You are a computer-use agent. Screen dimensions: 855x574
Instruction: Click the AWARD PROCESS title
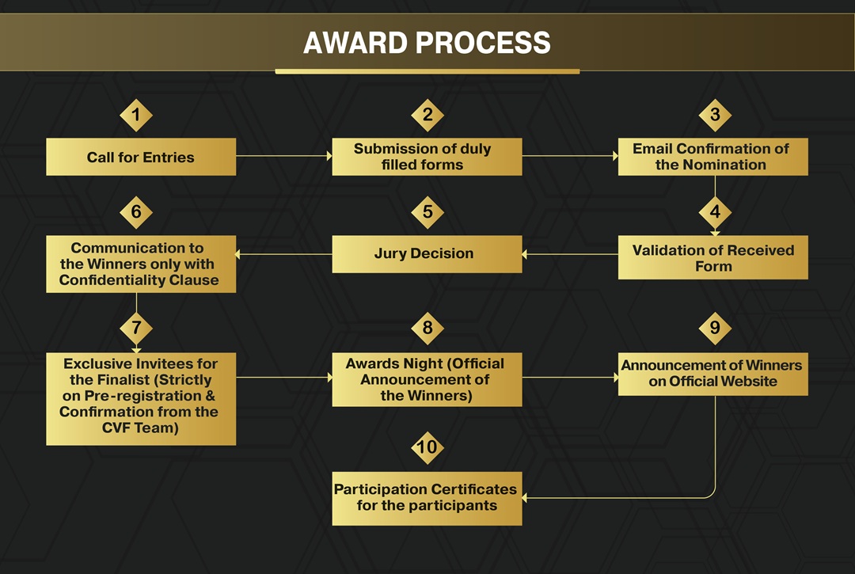(427, 43)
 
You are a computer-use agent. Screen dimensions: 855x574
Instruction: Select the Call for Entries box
(141, 157)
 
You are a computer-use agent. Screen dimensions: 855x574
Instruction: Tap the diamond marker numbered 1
(136, 115)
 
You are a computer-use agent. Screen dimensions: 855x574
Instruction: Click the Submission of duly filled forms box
(427, 157)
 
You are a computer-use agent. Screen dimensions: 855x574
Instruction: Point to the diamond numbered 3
(715, 115)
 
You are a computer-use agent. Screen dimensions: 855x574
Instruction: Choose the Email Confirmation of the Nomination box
(712, 157)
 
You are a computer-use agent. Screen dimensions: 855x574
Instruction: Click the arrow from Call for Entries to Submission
(284, 156)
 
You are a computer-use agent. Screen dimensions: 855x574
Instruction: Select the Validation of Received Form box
(712, 257)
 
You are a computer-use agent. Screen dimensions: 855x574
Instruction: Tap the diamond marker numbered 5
(427, 212)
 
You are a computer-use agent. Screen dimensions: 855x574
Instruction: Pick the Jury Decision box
(427, 254)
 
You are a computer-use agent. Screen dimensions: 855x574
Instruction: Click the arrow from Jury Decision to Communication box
(284, 254)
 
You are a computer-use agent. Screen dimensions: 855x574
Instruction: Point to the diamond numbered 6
(136, 212)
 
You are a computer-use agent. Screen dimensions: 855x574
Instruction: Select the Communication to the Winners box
(141, 264)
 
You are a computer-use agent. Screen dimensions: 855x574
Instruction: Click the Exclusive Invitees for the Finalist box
(141, 399)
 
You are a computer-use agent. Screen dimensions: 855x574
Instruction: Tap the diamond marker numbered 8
(427, 328)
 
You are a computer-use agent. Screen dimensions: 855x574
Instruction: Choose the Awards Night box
(427, 379)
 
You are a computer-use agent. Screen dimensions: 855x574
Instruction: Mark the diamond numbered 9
(715, 328)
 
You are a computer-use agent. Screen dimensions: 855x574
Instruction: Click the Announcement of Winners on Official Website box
(712, 374)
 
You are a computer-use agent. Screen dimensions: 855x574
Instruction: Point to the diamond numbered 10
(427, 447)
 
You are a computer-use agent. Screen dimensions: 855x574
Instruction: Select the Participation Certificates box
(427, 498)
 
